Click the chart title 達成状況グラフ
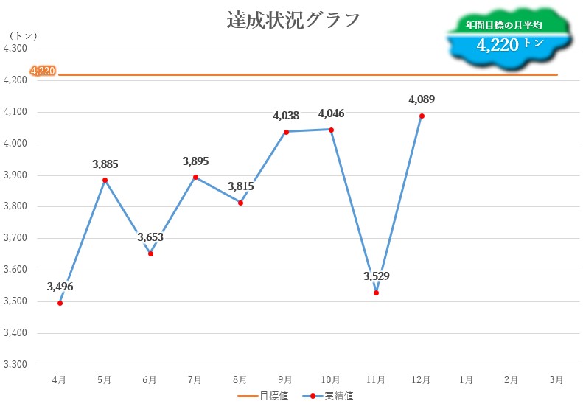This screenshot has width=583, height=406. click(293, 20)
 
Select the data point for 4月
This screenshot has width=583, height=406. click(60, 303)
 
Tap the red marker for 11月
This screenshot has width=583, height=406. click(376, 293)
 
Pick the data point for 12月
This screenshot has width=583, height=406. click(422, 116)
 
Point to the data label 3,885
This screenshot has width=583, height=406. click(105, 164)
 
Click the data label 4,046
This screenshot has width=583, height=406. click(331, 113)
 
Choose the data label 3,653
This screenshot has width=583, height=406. click(150, 237)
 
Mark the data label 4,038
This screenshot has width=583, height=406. click(286, 116)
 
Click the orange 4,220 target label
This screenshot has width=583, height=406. click(42, 71)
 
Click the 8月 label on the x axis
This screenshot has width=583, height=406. click(240, 380)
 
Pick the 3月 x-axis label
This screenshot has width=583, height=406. click(557, 380)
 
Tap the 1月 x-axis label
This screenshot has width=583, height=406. click(467, 380)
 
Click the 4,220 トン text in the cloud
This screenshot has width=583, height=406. click(509, 45)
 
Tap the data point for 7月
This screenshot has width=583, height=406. click(195, 177)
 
